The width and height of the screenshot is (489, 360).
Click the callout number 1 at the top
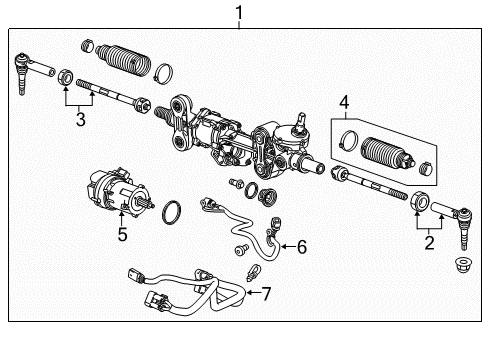[x=237, y=12]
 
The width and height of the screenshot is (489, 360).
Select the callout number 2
[x=429, y=241]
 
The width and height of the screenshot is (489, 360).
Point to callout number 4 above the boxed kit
[x=343, y=101]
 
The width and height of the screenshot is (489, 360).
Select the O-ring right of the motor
[x=172, y=211]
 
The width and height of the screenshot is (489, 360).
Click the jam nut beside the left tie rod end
[x=62, y=74]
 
